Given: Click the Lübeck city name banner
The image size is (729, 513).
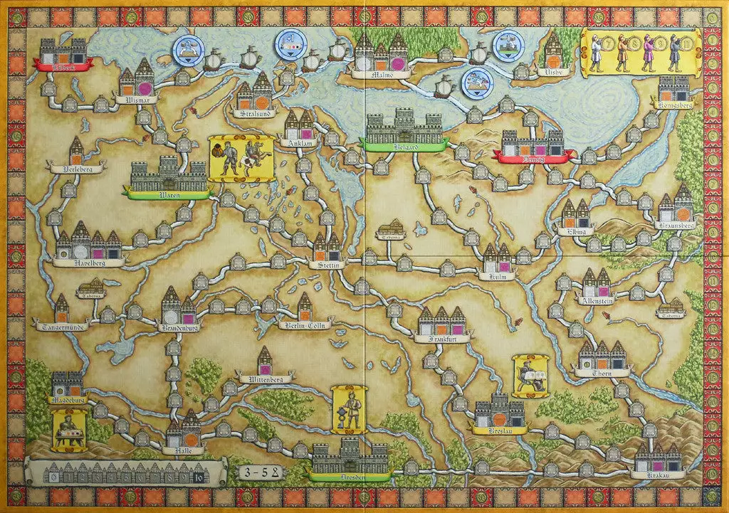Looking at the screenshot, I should (63, 65).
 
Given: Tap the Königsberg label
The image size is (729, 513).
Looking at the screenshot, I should (673, 105).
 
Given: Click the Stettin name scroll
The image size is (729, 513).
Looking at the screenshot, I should (327, 265).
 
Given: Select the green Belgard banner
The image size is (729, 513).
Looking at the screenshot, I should (404, 144).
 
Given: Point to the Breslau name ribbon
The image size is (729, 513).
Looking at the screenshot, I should (499, 430).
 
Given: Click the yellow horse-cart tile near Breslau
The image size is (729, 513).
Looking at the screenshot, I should (530, 376).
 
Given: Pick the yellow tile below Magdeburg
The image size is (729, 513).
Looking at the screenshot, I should (70, 430).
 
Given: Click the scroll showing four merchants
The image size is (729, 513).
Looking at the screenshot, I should (638, 53).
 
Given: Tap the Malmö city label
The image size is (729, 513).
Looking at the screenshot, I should (381, 74).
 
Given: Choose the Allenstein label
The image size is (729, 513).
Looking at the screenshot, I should (599, 300).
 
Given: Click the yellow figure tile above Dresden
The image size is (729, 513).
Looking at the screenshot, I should (350, 409).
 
